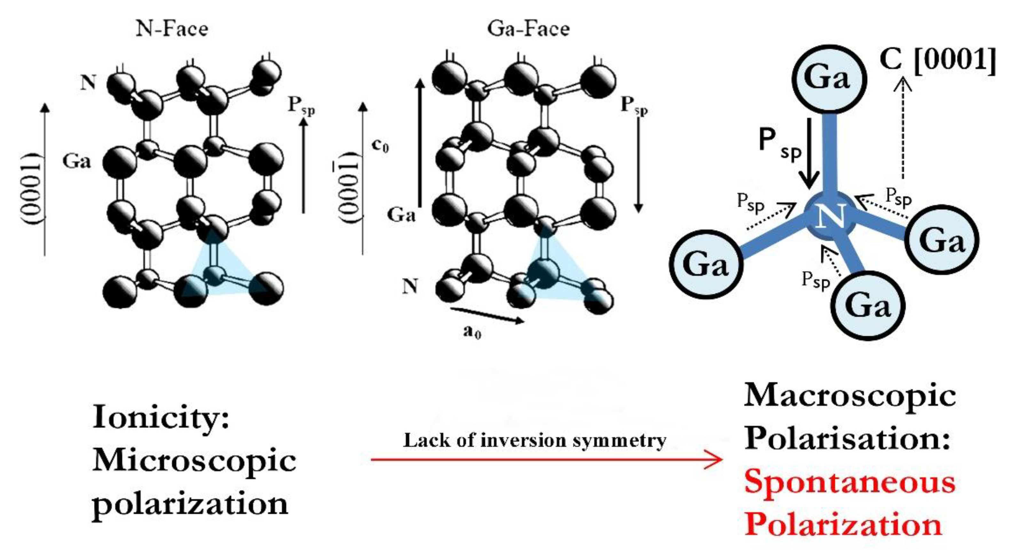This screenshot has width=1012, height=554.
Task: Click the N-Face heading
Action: point(172,29)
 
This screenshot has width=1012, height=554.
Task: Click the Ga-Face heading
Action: point(528,29)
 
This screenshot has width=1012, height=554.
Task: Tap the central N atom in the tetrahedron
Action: point(830,217)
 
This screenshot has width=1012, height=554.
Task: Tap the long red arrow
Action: point(546,459)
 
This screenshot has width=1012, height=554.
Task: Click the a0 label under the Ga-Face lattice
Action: point(472,333)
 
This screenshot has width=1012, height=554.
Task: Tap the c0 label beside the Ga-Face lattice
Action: point(380,146)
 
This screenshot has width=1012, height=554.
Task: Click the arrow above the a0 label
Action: point(487,315)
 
